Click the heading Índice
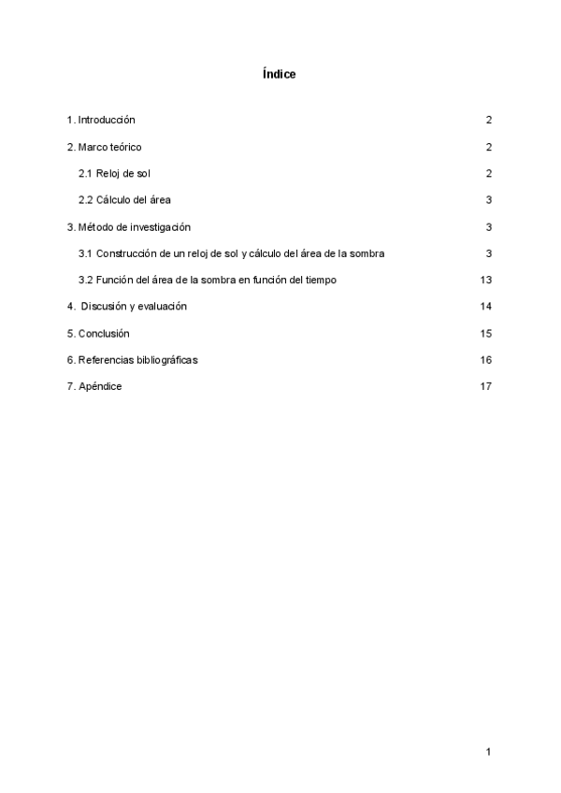pos(280,74)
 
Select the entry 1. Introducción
pos(101,120)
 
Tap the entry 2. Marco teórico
pos(104,147)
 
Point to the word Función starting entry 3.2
pos(114,280)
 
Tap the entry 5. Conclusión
pos(98,333)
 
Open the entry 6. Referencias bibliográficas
pos(132,359)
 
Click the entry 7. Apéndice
pos(94,386)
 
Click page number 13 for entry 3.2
pos(485,280)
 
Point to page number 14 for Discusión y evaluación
pos(485,306)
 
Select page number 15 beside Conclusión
pos(485,333)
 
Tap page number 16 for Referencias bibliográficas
pos(485,359)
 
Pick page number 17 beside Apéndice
pos(485,386)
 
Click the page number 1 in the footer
pos(488,751)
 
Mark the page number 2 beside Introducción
pos(488,120)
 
